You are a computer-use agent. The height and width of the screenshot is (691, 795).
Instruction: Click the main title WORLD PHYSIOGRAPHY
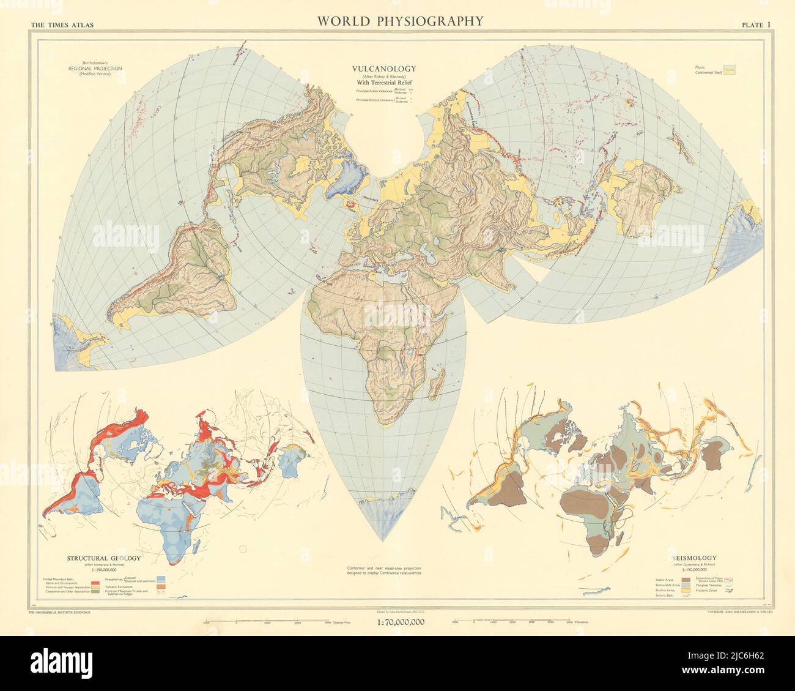coord(400,21)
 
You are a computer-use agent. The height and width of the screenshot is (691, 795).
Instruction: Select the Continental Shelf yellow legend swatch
coord(730,72)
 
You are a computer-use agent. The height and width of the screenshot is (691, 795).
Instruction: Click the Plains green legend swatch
coord(730,65)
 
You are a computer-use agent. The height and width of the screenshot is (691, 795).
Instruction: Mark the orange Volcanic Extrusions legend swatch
coord(161,587)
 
